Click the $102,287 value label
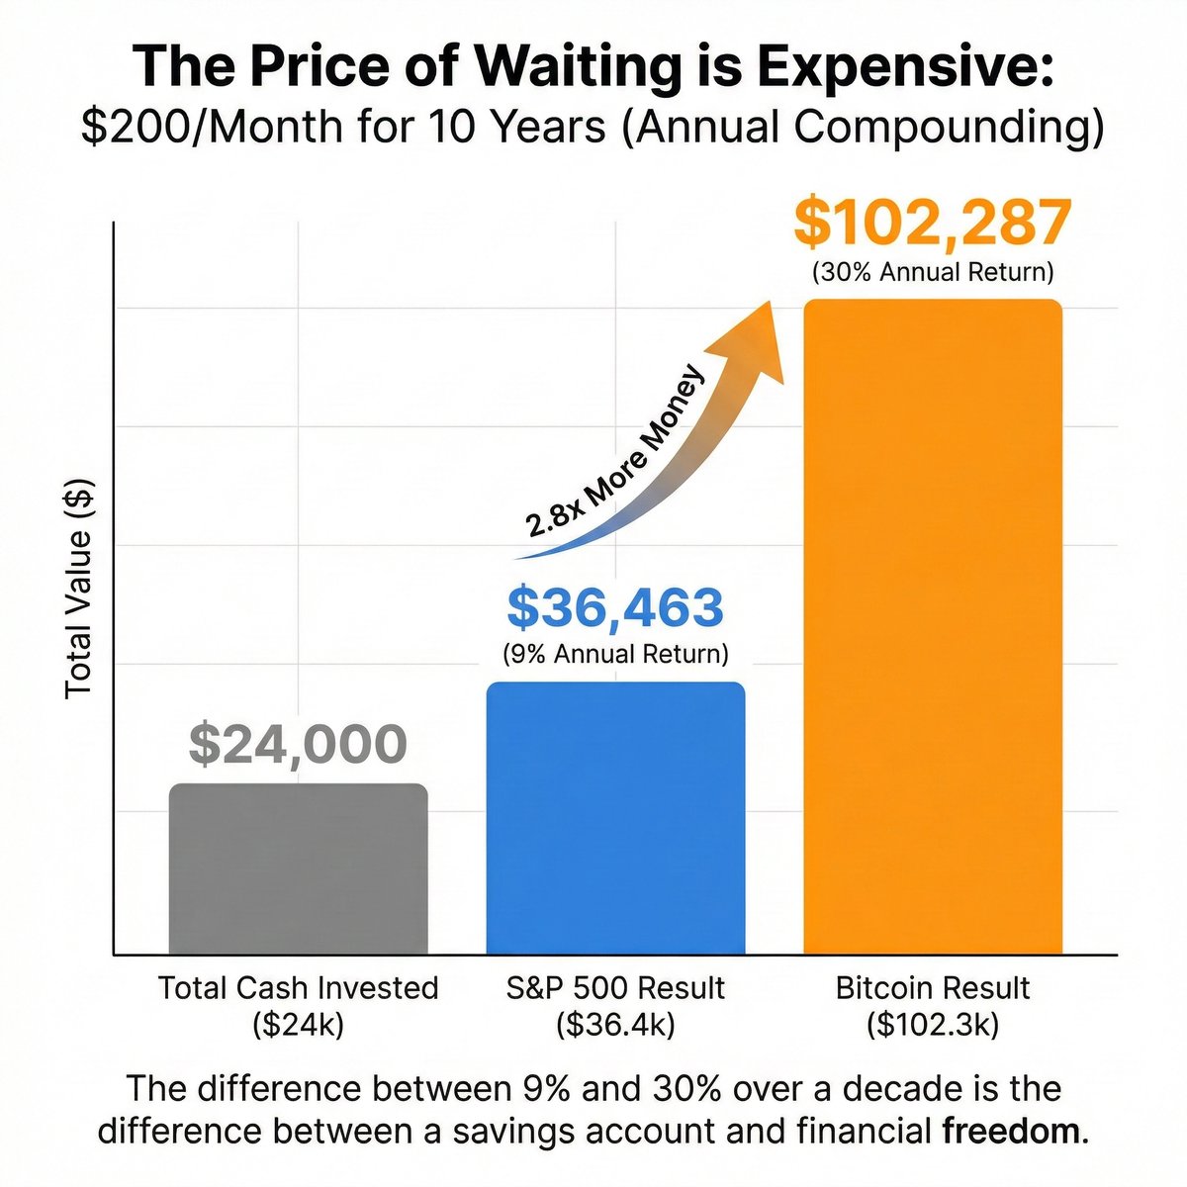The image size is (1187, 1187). (x=932, y=223)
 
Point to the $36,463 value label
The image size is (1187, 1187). (x=614, y=608)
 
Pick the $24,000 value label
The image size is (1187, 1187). (x=298, y=745)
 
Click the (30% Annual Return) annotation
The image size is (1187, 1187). (x=932, y=271)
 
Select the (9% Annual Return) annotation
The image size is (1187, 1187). (x=614, y=654)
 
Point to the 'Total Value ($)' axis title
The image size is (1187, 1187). (x=78, y=588)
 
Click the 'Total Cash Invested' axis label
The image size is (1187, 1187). (x=298, y=987)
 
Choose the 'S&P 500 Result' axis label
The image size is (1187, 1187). (x=614, y=987)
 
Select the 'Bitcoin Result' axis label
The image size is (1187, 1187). (x=932, y=987)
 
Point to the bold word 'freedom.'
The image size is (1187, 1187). (x=1015, y=1130)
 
